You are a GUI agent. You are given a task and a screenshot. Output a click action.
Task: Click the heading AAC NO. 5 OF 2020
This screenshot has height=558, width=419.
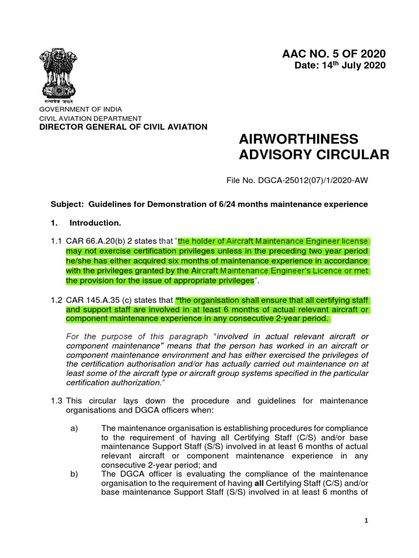(x=333, y=53)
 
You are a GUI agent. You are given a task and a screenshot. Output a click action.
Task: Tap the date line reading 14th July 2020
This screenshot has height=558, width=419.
(x=340, y=66)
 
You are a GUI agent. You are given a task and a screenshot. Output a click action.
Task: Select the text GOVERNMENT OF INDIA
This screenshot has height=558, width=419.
(x=80, y=110)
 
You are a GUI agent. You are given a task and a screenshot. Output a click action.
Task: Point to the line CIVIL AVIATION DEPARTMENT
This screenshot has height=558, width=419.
(x=90, y=118)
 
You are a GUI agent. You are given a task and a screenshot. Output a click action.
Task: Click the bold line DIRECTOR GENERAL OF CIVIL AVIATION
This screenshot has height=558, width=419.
(x=123, y=127)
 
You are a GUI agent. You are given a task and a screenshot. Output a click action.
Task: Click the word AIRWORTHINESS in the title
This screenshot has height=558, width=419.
(x=298, y=138)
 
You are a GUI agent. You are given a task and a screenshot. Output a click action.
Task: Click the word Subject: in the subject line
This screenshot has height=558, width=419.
(x=67, y=204)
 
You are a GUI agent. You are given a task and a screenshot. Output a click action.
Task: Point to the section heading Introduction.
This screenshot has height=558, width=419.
(x=95, y=223)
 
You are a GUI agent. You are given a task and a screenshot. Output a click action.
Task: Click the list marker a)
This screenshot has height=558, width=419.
(x=75, y=428)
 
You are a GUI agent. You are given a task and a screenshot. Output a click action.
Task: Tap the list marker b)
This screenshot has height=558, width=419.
(x=75, y=474)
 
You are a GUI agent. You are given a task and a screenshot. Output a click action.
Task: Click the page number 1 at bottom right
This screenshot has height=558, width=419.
(x=367, y=521)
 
